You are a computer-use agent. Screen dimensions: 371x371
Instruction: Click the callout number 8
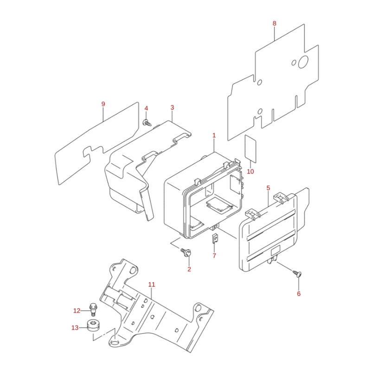click(x=274, y=24)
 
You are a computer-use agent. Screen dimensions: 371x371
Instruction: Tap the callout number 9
click(x=103, y=104)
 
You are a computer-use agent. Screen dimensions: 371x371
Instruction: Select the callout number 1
click(x=214, y=135)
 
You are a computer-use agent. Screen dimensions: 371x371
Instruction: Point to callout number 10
click(x=250, y=171)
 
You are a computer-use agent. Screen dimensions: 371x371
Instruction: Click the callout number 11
click(x=152, y=284)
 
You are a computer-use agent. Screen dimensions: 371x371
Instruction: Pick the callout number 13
click(x=75, y=328)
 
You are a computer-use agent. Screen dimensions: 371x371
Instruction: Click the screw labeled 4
click(x=147, y=123)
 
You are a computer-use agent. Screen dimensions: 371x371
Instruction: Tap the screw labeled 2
click(x=186, y=252)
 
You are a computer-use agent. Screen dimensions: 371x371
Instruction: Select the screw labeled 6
click(x=297, y=274)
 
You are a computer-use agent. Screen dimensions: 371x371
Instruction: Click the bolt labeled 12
click(x=93, y=309)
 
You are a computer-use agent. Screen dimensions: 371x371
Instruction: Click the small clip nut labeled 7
click(x=215, y=238)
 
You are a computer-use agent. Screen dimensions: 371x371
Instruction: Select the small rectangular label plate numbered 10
click(x=250, y=149)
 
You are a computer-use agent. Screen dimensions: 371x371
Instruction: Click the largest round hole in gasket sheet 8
click(x=303, y=62)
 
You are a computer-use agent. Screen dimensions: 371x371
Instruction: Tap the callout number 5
click(x=268, y=188)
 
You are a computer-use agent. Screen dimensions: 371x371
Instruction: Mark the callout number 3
click(x=172, y=108)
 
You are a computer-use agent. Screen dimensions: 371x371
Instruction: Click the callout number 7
click(x=214, y=256)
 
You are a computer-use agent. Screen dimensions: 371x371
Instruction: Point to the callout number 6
click(x=299, y=294)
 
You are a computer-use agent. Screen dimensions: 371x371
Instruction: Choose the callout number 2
click(x=189, y=269)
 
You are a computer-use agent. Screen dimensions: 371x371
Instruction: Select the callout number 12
click(x=77, y=311)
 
